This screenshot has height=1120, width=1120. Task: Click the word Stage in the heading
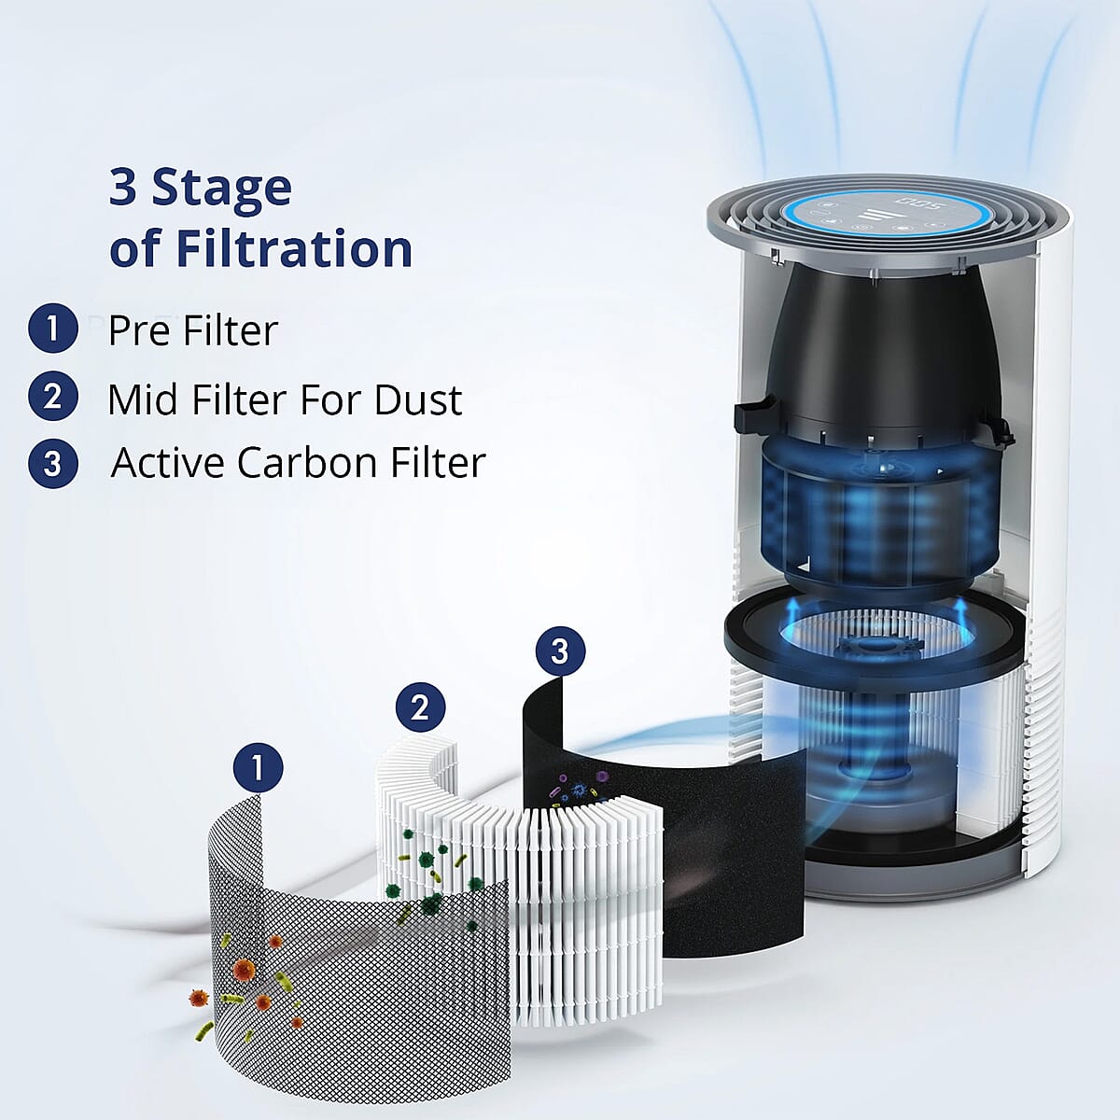[x=222, y=188]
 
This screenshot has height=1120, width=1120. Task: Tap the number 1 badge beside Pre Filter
[x=52, y=329]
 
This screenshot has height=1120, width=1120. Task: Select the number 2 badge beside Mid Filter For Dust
[x=52, y=397]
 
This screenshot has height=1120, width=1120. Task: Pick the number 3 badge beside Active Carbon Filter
[x=52, y=464]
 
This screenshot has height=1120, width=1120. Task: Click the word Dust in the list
[x=418, y=399]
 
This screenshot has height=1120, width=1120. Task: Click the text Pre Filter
[x=193, y=330]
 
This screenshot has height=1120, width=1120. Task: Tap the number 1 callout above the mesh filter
[x=258, y=768]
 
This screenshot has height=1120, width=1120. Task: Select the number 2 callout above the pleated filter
[x=420, y=707]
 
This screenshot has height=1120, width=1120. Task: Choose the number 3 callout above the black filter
[x=560, y=651]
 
